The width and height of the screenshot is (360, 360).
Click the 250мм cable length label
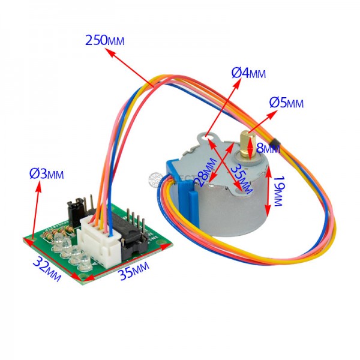[x=104, y=40]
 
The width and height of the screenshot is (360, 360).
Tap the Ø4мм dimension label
[x=248, y=73]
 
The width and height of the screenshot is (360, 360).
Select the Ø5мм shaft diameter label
[x=286, y=103]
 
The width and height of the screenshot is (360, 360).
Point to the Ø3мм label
[x=47, y=174]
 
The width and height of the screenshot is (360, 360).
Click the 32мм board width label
[x=47, y=268]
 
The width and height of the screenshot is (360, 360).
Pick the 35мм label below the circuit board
[x=134, y=271]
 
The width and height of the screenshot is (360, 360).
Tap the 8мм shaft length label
[x=268, y=148]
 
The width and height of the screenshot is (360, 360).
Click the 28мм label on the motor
[x=205, y=169]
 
